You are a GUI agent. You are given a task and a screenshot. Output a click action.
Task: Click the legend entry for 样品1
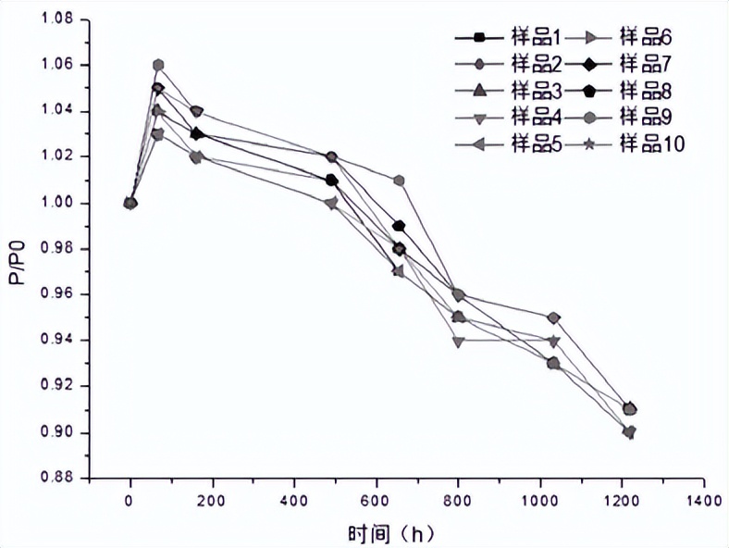point(508,37)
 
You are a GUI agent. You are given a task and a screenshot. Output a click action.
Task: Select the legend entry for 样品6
point(618,37)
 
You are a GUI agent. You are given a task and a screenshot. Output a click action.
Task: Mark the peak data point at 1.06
point(158,65)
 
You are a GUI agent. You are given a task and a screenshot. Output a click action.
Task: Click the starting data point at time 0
point(130,203)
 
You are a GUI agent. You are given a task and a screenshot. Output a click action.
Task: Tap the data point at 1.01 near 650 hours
point(399,180)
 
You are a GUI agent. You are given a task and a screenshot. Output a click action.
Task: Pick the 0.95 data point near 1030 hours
point(553,318)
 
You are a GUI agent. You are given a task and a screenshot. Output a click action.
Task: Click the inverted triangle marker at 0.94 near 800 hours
point(458,341)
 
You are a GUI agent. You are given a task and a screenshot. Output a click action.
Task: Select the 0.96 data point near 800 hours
point(458,294)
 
